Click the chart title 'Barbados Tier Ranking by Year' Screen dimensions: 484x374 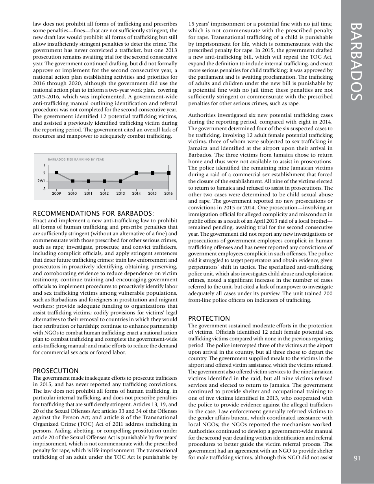[76, 159]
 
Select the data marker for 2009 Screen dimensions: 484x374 [57, 173]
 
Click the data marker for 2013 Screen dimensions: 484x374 [120, 181]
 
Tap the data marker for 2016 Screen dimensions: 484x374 [168, 173]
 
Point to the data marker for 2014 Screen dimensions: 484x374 [136, 173]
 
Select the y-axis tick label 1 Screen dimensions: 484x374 [44, 165]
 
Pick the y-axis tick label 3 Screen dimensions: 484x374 [44, 189]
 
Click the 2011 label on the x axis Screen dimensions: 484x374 [88, 194]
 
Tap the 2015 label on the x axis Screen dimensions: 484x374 [152, 194]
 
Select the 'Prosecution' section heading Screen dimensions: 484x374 [56, 371]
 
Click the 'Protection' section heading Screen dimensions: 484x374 [209, 318]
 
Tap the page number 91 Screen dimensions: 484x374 [357, 458]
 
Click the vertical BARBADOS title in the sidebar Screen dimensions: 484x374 [357, 62]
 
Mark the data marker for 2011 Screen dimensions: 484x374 [89, 181]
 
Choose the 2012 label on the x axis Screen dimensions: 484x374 [104, 194]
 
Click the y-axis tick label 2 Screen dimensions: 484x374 [44, 173]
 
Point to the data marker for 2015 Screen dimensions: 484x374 [152, 173]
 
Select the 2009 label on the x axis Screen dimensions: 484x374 [57, 194]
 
